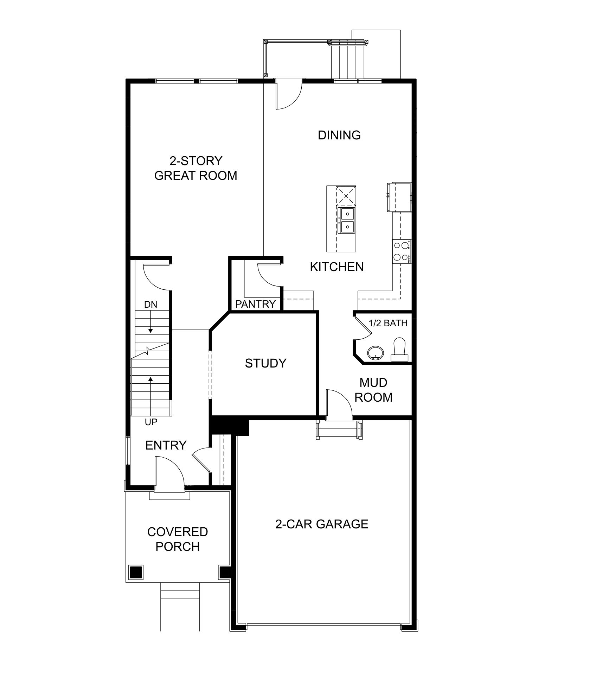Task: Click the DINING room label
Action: tap(339, 135)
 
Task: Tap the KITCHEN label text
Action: tap(337, 267)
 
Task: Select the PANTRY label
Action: tap(255, 304)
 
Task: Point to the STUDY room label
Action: tap(265, 363)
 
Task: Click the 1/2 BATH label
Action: tap(388, 323)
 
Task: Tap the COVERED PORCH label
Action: tap(178, 539)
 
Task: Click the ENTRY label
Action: tap(166, 445)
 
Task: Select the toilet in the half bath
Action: tap(399, 350)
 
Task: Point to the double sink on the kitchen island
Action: tap(346, 221)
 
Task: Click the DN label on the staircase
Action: tap(150, 305)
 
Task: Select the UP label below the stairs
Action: tap(151, 422)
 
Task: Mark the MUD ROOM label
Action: tap(373, 390)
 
